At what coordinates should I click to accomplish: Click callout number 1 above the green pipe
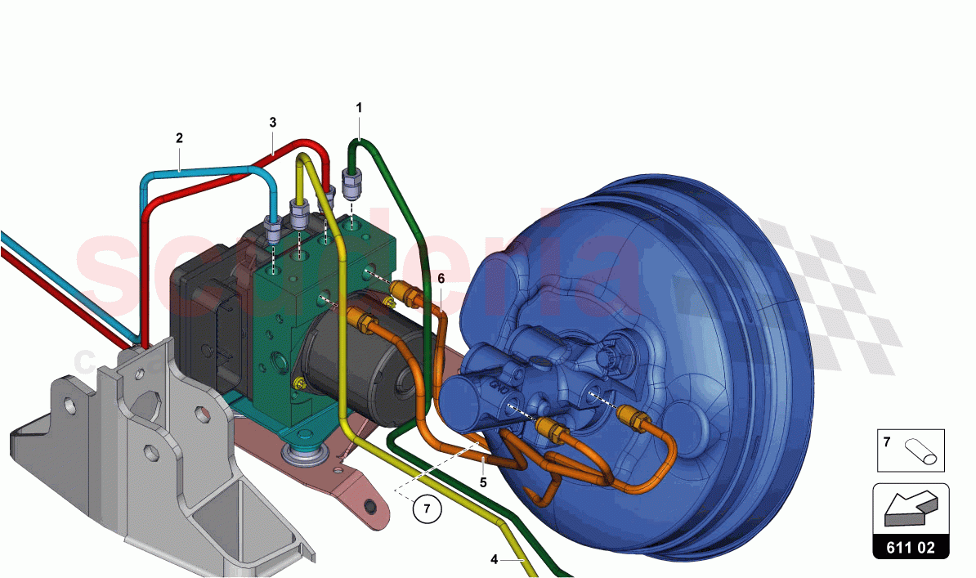click(358, 107)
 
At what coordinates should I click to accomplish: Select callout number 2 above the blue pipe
click(179, 138)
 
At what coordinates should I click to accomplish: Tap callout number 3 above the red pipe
click(273, 122)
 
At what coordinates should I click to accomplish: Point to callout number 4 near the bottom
click(494, 559)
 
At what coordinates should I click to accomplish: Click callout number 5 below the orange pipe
click(483, 482)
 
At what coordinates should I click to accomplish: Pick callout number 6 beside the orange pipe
click(441, 279)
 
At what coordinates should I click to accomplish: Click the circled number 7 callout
click(425, 508)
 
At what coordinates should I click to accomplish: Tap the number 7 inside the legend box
click(887, 441)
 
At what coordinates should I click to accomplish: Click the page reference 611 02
click(911, 547)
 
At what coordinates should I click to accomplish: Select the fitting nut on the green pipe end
click(351, 186)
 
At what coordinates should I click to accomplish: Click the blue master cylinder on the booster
click(531, 384)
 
